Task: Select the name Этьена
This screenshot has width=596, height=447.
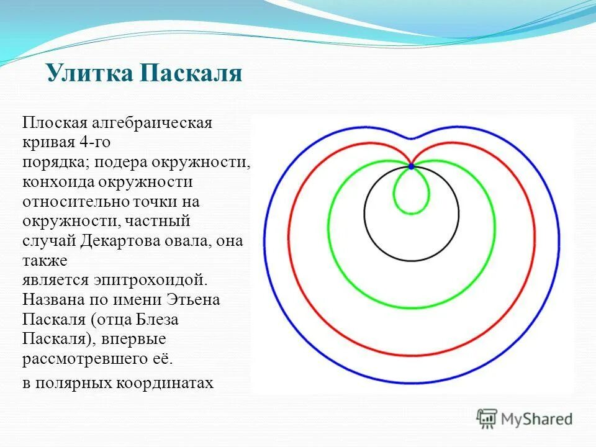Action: [x=193, y=300]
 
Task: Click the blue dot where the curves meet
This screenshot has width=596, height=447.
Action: [x=411, y=166]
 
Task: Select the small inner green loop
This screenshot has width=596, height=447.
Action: [x=411, y=213]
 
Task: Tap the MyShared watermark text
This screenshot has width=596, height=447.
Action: [x=536, y=419]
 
